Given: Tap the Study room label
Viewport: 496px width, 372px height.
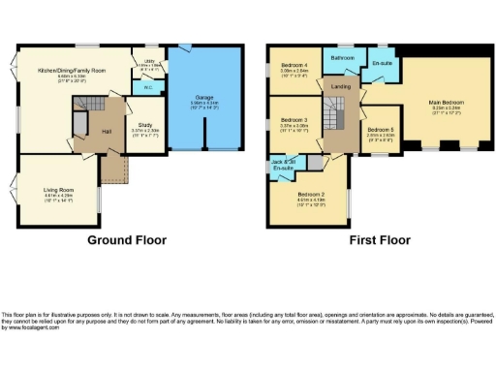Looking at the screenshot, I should point(141,125).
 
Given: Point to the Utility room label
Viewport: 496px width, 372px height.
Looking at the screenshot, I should point(150,62).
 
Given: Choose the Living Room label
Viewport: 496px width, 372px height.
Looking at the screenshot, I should point(59,191).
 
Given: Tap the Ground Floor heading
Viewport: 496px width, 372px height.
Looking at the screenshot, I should point(127,240).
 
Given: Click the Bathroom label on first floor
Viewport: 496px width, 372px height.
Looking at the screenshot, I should point(342,58).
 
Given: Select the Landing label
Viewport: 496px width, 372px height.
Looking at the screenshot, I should point(340,88).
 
